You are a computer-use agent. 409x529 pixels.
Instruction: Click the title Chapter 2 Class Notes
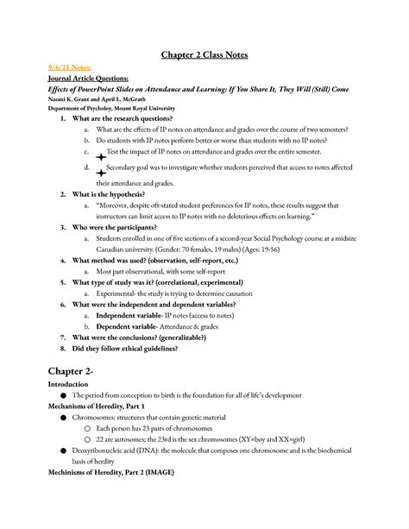pyautogui.click(x=204, y=54)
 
